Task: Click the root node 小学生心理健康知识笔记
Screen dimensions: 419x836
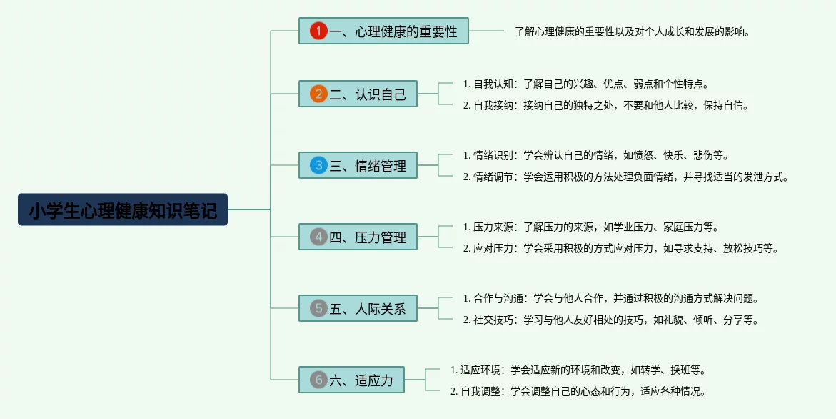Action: tap(123, 209)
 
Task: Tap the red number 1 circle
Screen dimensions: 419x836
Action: tap(318, 31)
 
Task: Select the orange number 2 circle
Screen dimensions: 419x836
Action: tap(318, 94)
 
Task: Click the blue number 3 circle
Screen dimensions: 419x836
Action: tap(318, 165)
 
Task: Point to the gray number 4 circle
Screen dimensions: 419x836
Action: tap(318, 237)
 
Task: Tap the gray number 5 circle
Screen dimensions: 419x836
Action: tap(318, 308)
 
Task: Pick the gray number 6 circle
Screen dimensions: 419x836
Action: tap(318, 380)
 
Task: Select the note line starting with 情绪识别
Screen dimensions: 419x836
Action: tap(595, 155)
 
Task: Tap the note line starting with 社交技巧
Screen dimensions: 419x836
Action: tap(610, 320)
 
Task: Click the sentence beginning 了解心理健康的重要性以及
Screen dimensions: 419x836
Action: tap(633, 31)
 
